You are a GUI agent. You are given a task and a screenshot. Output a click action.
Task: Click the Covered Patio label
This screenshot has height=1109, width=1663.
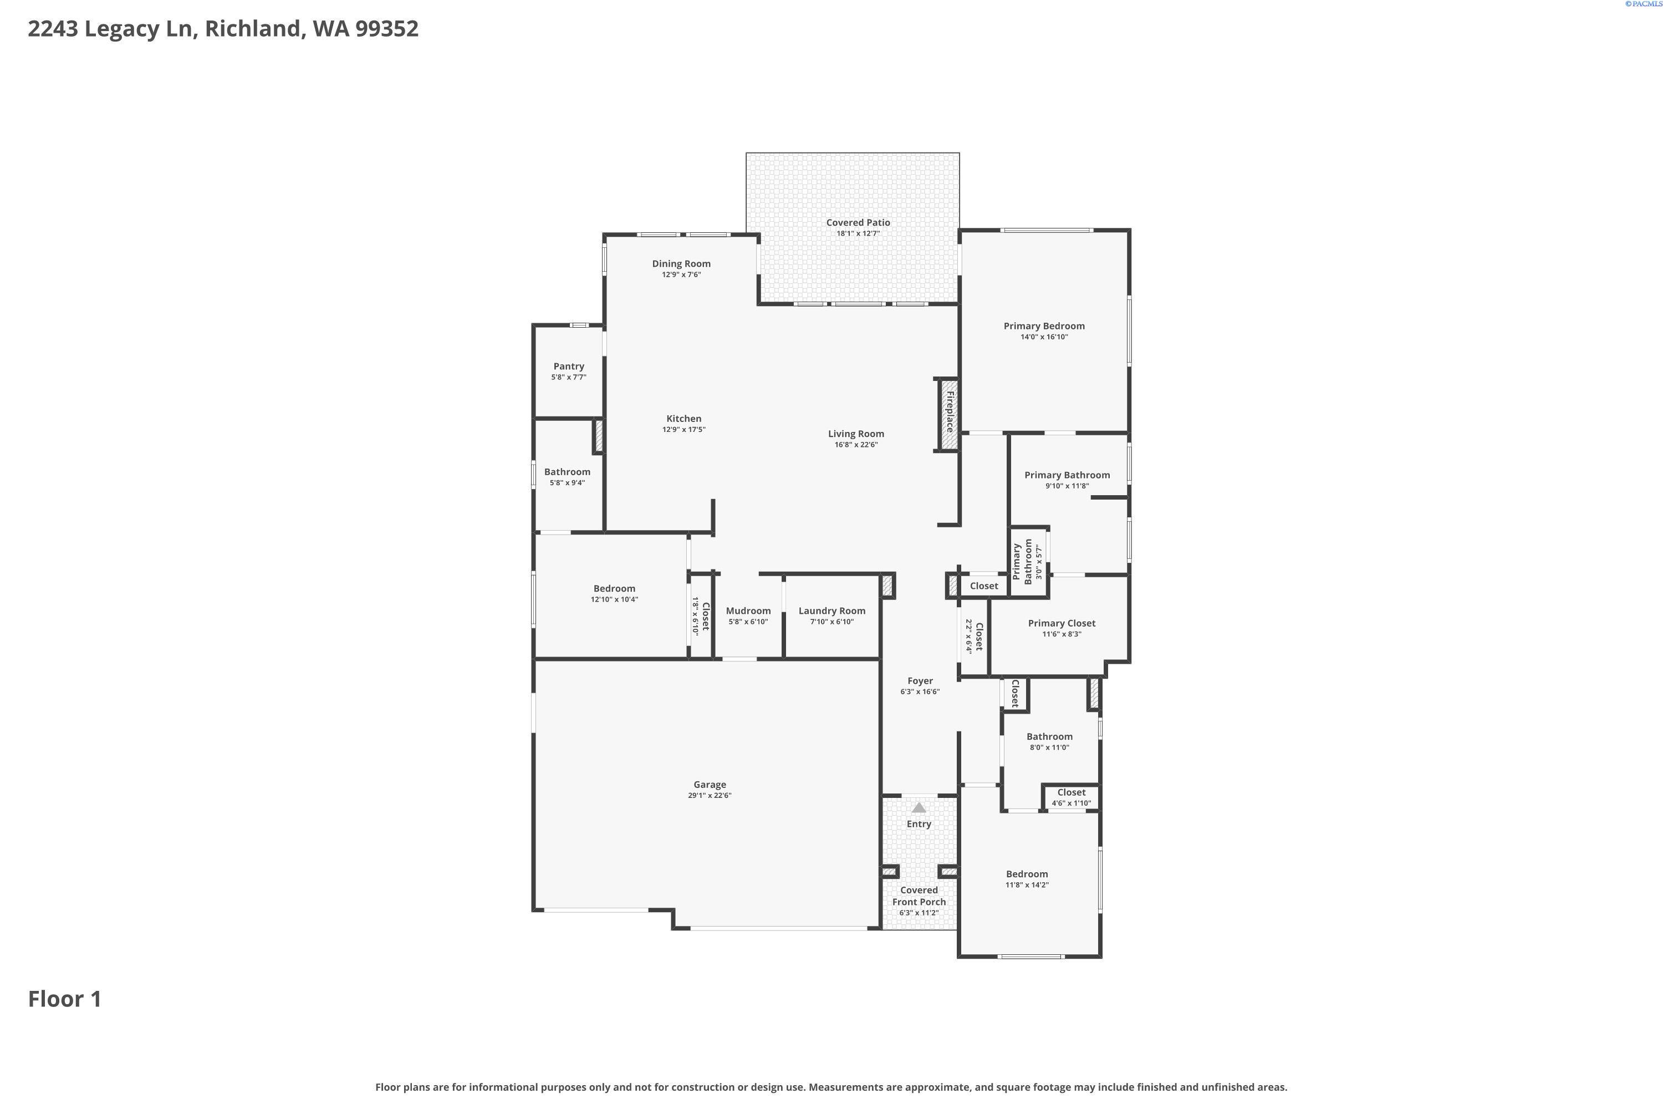858,222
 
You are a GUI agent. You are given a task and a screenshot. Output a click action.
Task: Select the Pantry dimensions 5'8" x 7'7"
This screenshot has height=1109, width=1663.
569,378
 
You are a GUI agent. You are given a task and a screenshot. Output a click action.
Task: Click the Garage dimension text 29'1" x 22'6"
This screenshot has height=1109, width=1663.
709,796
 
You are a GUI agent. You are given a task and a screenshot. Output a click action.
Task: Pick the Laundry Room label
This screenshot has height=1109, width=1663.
831,611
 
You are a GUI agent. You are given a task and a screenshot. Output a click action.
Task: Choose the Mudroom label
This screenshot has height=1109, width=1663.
747,611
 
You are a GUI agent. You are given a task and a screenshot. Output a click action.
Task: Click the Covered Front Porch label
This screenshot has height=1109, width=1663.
919,896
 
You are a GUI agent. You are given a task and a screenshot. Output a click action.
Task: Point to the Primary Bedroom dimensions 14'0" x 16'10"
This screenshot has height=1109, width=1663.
1044,337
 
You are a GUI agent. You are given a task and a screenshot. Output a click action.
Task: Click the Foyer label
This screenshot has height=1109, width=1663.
920,681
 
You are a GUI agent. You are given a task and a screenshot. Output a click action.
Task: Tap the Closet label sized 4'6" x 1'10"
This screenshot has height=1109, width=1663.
1071,793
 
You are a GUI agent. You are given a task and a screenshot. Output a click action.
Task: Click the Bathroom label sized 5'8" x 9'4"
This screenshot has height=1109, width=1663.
567,472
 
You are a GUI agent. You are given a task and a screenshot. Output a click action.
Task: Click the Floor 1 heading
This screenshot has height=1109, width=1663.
64,999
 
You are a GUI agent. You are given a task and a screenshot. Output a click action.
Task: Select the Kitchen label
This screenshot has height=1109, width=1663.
683,419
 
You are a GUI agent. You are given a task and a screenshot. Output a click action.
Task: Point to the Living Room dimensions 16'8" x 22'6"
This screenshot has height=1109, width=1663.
855,445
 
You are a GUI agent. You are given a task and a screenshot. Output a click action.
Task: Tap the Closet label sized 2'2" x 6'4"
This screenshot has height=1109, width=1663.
978,637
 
